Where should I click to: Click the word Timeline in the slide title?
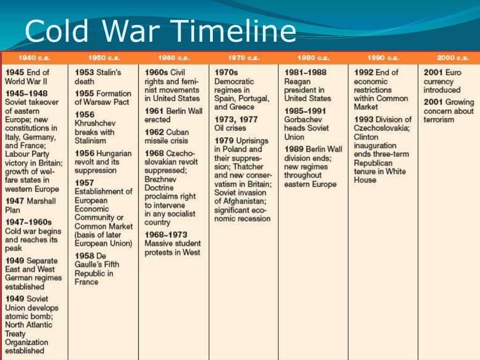click(235, 31)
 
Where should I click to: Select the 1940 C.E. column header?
click(34, 58)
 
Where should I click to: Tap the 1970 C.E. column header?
click(244, 58)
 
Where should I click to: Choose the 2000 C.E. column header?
click(452, 58)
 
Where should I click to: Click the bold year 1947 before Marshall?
click(14, 201)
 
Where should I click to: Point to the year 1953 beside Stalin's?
click(84, 72)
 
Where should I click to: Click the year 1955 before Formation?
click(84, 93)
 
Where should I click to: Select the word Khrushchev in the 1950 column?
click(95, 123)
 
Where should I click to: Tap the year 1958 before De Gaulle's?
click(84, 255)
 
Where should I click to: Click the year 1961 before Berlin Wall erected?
click(154, 111)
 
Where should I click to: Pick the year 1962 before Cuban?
click(154, 132)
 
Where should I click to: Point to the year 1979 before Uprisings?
click(224, 141)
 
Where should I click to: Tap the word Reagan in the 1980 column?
click(297, 81)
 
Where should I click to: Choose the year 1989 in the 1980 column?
click(293, 149)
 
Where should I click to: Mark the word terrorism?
click(439, 120)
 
